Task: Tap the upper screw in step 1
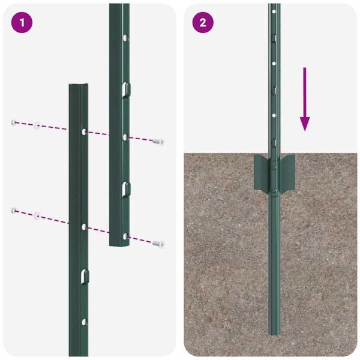158,142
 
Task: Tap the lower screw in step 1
158,244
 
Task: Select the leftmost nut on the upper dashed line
13,122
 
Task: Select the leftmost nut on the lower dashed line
13,210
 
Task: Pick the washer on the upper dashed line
37,125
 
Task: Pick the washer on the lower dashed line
37,214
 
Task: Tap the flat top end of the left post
79,86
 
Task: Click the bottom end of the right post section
119,244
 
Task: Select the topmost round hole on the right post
125,38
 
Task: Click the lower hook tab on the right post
124,188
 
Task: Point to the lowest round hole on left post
84,322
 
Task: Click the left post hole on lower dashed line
83,227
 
